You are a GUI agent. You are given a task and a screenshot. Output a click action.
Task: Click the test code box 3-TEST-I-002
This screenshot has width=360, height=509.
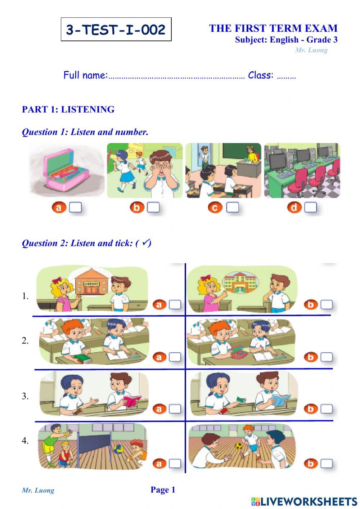click(x=116, y=30)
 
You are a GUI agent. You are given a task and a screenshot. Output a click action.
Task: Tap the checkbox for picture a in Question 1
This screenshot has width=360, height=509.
click(x=75, y=207)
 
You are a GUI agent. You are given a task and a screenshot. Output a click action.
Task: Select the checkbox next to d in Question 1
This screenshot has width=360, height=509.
click(x=310, y=207)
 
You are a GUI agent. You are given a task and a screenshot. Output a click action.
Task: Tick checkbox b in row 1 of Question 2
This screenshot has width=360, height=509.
click(x=327, y=305)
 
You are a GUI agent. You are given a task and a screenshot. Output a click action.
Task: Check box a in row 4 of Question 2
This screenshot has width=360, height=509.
click(x=175, y=463)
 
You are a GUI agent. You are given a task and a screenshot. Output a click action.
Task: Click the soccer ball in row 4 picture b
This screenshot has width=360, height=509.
click(x=238, y=446)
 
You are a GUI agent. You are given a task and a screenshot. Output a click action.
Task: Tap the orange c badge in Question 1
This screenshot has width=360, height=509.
click(x=215, y=207)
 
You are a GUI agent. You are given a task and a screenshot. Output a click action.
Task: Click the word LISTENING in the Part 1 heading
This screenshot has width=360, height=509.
click(x=88, y=110)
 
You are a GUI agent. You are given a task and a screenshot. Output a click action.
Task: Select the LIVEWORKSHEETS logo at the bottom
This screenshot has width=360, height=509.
click(x=304, y=501)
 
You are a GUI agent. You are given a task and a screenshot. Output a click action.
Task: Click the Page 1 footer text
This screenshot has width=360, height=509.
click(x=163, y=490)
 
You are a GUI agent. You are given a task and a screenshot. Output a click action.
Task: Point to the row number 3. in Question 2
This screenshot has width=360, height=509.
click(x=25, y=396)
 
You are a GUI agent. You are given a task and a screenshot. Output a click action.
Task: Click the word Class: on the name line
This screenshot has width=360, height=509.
click(x=261, y=75)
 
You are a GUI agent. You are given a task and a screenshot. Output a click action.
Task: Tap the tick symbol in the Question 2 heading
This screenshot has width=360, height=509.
click(x=145, y=243)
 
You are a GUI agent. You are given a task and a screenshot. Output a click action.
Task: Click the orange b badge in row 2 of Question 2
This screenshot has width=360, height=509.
click(x=310, y=357)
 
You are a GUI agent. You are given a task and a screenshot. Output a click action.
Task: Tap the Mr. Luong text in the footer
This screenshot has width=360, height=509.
click(x=38, y=490)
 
